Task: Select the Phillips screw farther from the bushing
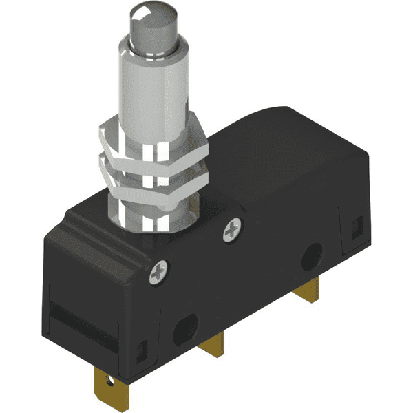click(x=158, y=273)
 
